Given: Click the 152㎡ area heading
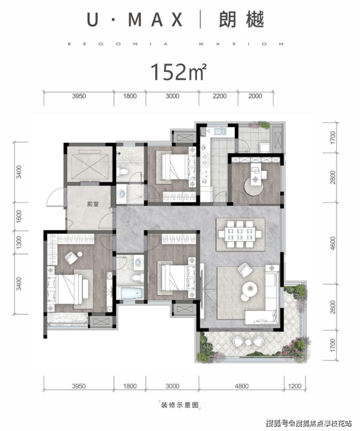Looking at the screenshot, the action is [x=178, y=72].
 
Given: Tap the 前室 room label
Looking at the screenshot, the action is [x=93, y=204].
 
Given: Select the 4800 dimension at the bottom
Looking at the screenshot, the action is [x=241, y=386].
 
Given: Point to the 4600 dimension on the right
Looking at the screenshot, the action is [x=333, y=244].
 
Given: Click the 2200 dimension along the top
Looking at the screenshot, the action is [x=219, y=96].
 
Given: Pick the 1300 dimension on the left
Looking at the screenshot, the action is [x=18, y=242].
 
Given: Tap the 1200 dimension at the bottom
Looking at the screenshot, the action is [x=295, y=386].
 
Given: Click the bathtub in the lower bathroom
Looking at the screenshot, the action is [x=130, y=293].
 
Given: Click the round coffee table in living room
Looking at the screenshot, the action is [x=250, y=289].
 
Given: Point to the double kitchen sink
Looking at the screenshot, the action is [x=220, y=131].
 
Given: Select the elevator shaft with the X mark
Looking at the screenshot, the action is [x=90, y=164].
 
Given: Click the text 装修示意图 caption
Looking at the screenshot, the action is [x=180, y=405].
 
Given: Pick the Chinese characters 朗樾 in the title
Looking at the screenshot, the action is [x=241, y=19].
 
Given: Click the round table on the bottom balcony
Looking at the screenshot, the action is [x=248, y=342].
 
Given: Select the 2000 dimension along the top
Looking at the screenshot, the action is [x=255, y=96].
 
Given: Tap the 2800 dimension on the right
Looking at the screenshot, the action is [x=333, y=177].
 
